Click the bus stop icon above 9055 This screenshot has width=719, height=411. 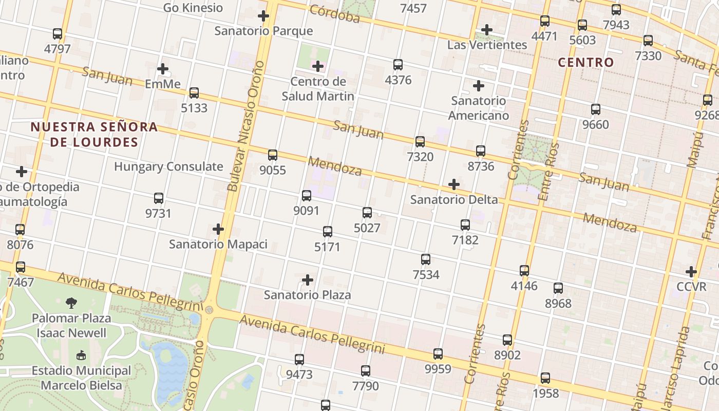click(273, 155)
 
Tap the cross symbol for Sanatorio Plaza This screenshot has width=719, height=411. click(308, 280)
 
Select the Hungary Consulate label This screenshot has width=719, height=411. click(168, 166)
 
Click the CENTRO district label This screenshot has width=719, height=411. click(586, 63)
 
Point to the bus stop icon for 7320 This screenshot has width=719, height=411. click(420, 141)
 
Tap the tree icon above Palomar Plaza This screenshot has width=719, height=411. click(71, 303)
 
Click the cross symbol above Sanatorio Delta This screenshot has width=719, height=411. click(454, 184)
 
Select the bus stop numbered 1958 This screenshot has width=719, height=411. click(545, 378)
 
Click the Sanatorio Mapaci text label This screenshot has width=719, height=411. click(218, 244)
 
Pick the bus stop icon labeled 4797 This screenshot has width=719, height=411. click(58, 34)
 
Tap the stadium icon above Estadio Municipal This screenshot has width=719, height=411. click(81, 355)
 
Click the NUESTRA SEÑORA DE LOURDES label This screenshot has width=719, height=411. click(94, 134)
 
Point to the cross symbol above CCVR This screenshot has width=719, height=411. click(691, 271)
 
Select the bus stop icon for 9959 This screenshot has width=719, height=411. click(438, 353)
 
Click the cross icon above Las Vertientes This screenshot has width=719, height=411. click(487, 30)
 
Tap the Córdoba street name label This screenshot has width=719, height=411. click(335, 14)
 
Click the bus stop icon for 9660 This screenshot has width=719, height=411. click(596, 109)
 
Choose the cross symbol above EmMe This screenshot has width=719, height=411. click(163, 68)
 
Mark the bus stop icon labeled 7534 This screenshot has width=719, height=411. click(426, 259)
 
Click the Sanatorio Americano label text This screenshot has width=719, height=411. click(479, 108)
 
